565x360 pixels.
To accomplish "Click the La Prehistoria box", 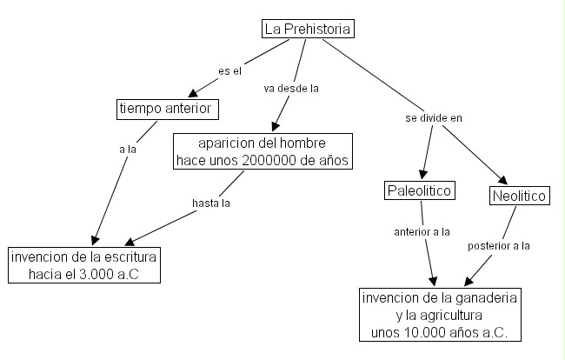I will click(309, 30).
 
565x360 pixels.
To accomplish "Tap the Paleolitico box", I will click(419, 190).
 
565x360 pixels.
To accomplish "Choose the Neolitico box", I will click(519, 197).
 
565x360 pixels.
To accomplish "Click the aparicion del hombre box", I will click(263, 151).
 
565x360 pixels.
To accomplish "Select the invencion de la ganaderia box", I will click(438, 314).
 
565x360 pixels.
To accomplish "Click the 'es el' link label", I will click(229, 70).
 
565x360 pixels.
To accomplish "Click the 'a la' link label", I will click(128, 150).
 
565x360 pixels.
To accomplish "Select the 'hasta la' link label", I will click(210, 203).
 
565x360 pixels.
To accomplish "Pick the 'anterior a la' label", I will click(422, 231).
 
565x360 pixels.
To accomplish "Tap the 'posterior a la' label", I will click(499, 246).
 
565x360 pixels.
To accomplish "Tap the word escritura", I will click(128, 257).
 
